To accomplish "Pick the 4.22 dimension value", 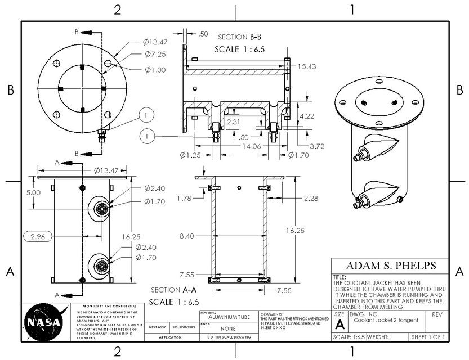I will [306, 116].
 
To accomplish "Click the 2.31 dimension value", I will [234, 121].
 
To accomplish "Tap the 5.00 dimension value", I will [34, 192].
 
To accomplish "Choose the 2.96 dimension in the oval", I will [38, 237].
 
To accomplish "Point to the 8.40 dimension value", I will [186, 236].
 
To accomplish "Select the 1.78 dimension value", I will [185, 197].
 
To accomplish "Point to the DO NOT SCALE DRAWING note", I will [228, 337].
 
